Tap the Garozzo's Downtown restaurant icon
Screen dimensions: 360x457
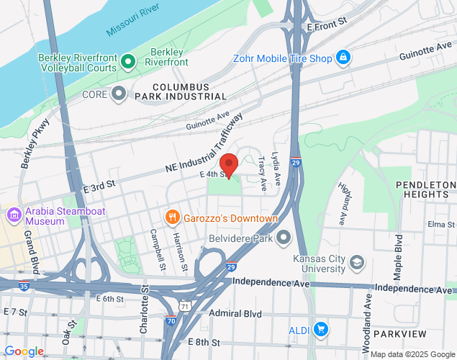click(171, 217)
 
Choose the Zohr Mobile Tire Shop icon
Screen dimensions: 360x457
click(343, 57)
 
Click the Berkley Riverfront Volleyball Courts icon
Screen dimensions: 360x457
click(129, 62)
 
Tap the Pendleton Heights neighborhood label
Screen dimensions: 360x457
click(426, 189)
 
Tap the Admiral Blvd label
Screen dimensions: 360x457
click(233, 313)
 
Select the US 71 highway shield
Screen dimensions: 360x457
click(186, 306)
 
